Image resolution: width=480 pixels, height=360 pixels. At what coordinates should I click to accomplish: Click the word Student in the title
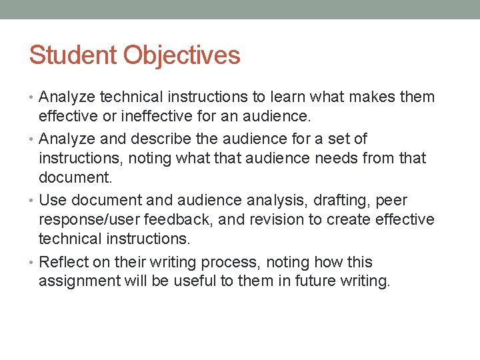click(73, 55)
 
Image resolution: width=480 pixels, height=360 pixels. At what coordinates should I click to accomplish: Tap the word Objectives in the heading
click(181, 55)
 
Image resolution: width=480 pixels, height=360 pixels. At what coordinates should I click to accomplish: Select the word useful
click(194, 281)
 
